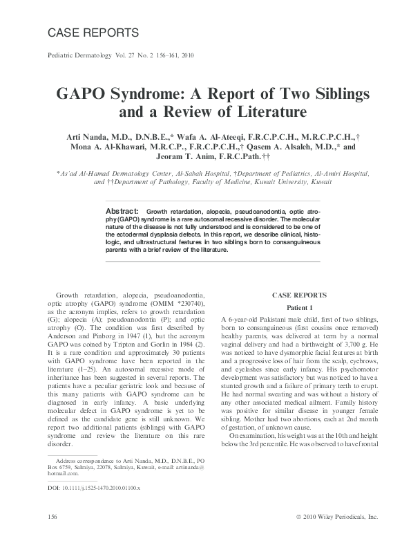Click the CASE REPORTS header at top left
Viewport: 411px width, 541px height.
click(x=93, y=33)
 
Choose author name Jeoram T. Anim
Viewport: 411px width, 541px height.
click(x=149, y=158)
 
